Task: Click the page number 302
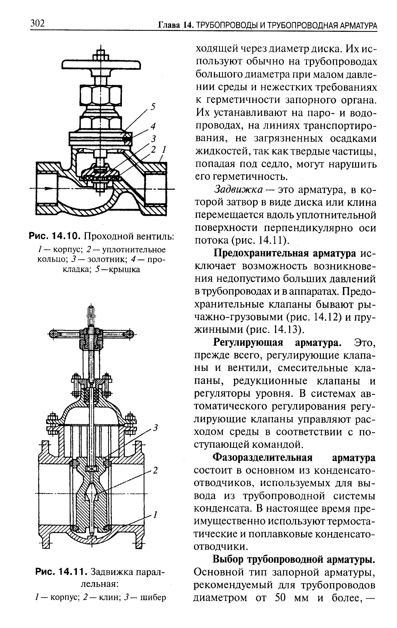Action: tap(38, 23)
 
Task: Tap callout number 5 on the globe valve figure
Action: tap(153, 107)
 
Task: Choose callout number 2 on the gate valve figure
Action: tap(156, 470)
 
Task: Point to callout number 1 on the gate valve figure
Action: tap(156, 515)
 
